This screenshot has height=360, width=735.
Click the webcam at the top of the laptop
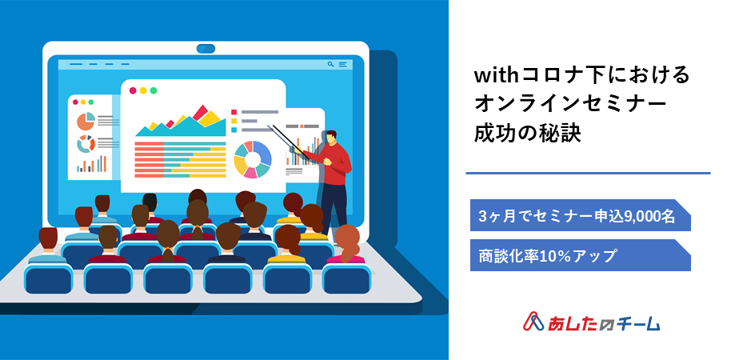point(206,49)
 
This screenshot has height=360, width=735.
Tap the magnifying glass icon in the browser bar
point(331,64)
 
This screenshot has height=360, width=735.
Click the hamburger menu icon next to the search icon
point(342,64)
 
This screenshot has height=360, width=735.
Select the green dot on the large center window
point(154,90)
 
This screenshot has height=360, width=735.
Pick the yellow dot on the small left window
point(83,102)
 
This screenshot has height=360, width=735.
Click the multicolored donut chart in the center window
point(252,159)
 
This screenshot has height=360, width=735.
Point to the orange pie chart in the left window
point(86,122)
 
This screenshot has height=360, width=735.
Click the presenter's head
point(330,137)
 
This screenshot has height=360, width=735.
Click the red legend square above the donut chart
point(234,112)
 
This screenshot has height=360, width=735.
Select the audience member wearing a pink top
point(347,245)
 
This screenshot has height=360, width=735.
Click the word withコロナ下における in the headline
point(581,75)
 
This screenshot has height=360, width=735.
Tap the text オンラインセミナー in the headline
point(570,104)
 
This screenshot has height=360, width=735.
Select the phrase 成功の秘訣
point(527,134)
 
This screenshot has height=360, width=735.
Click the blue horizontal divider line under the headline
point(588,173)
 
